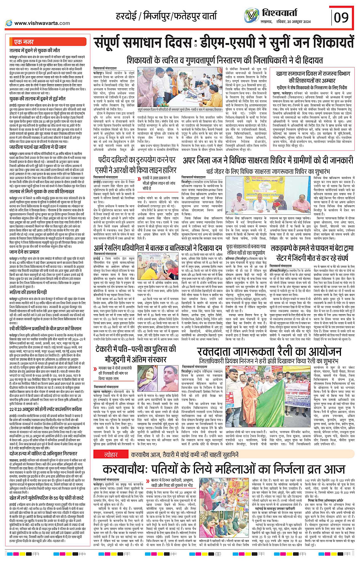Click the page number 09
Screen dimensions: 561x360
coord(341,17)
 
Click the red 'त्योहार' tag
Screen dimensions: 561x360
coord(111,454)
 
